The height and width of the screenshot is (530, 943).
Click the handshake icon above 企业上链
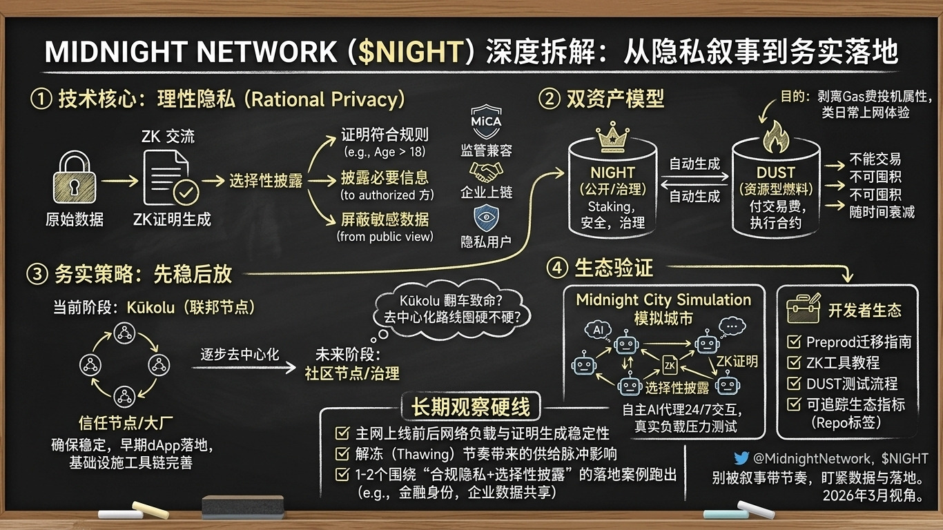point(486,171)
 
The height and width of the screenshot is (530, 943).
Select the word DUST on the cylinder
point(775,173)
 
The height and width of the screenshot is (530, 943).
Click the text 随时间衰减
point(882,211)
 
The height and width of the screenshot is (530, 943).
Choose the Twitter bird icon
point(741,458)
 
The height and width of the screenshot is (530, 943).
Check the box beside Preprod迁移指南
point(795,342)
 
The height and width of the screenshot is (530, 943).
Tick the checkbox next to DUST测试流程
point(795,384)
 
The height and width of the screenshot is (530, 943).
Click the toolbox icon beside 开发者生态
point(803,309)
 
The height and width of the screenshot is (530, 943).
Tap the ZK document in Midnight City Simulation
point(670,365)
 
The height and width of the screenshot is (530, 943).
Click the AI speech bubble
point(598,330)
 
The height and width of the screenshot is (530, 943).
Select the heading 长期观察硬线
point(471,407)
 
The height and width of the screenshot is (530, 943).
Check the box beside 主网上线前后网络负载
point(341,433)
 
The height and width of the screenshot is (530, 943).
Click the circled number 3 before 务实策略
point(36,274)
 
